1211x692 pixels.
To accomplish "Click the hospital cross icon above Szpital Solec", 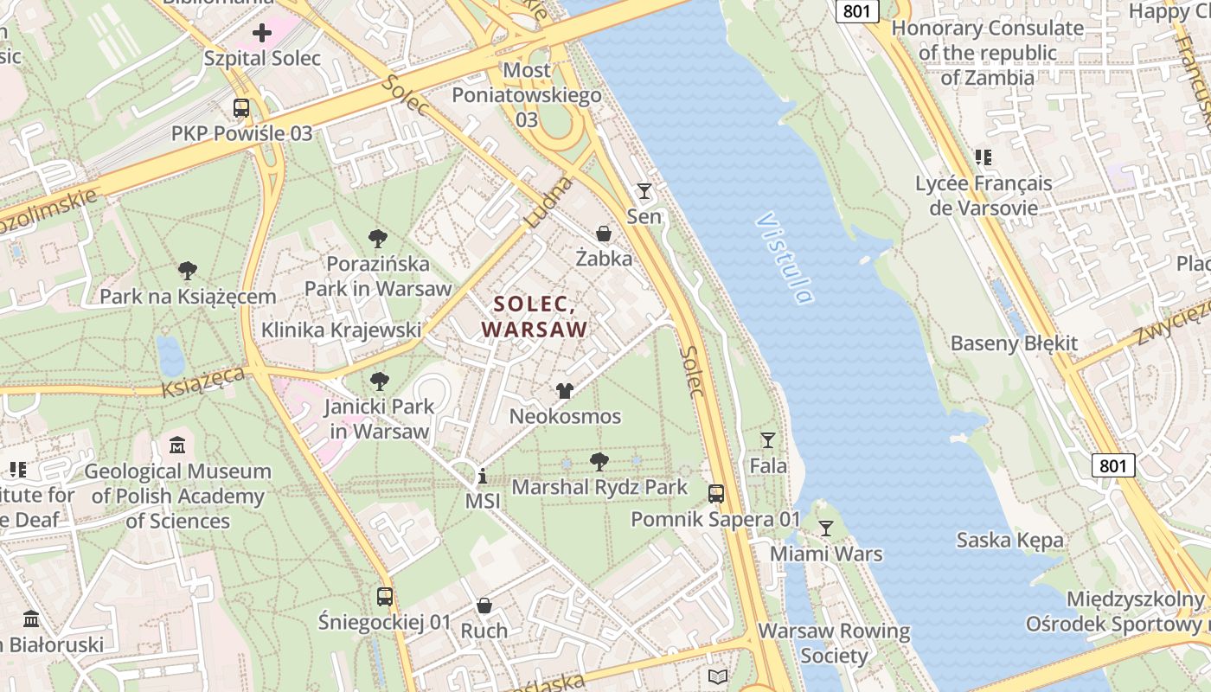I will (262, 34).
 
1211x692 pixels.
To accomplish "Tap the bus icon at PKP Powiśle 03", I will (241, 108).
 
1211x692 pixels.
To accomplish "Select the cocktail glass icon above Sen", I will (644, 191).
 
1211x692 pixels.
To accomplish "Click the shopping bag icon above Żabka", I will (604, 234).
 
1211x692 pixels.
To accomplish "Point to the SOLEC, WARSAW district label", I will (535, 317).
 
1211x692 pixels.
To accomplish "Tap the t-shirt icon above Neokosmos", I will (565, 391).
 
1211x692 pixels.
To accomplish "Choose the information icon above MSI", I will (482, 477).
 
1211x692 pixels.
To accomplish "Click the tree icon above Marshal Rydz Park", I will (599, 461).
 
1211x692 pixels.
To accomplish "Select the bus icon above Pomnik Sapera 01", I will (716, 494).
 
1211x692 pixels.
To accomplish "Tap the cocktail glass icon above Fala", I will (767, 440).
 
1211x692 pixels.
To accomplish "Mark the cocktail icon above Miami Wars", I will (826, 528).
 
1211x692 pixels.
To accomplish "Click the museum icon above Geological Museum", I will (177, 445).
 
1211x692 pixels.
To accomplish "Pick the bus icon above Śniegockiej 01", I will (385, 596).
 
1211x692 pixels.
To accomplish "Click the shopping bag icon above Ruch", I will (484, 605).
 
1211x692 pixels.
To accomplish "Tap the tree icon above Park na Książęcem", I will (188, 271).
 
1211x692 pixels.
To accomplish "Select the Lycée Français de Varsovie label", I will (984, 195).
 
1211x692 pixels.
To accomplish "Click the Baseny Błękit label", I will (1014, 343).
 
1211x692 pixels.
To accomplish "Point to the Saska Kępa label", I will (1009, 541).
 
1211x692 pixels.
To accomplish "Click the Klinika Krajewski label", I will (341, 330).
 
